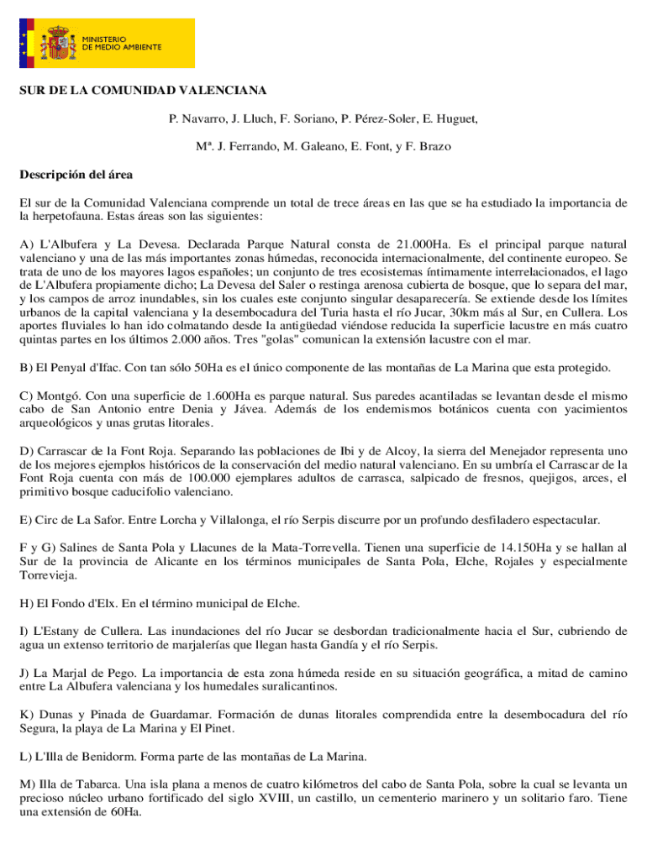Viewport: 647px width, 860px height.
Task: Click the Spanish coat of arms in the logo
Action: click(x=58, y=43)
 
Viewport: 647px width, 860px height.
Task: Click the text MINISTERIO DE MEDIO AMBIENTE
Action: click(x=122, y=43)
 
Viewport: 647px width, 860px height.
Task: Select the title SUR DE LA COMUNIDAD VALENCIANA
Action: click(x=143, y=90)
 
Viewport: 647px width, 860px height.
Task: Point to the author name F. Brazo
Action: click(x=429, y=147)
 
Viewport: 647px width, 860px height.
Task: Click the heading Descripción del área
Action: click(x=76, y=176)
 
